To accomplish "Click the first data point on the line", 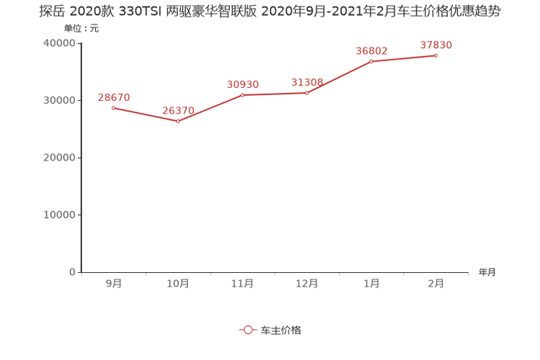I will pyautogui.click(x=113, y=108).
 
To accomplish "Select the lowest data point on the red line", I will pyautogui.click(x=178, y=121).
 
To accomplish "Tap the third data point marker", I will pyautogui.click(x=242, y=95).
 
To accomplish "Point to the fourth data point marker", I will pyautogui.click(x=307, y=93).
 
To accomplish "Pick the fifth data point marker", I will pyautogui.click(x=372, y=62).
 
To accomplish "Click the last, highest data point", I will pyautogui.click(x=436, y=55).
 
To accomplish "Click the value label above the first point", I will pyautogui.click(x=113, y=97).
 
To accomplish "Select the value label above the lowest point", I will pyautogui.click(x=178, y=110).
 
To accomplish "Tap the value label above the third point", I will pyautogui.click(x=242, y=84).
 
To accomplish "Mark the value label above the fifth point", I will pyautogui.click(x=372, y=51).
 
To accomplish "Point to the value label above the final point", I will pyautogui.click(x=436, y=45).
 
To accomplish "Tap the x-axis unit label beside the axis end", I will pyautogui.click(x=487, y=273).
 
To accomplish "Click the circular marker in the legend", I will pyautogui.click(x=248, y=330).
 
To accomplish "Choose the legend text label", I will pyautogui.click(x=281, y=330).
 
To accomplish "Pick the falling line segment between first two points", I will pyautogui.click(x=145, y=115).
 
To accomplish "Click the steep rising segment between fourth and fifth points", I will pyautogui.click(x=340, y=77).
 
